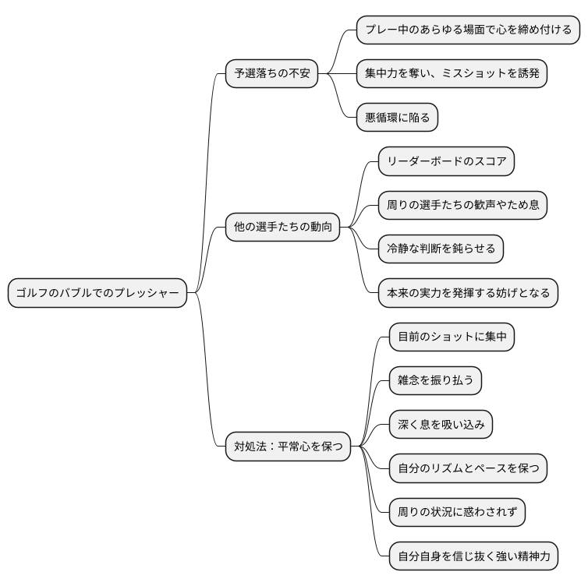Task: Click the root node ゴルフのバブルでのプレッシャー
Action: point(97,293)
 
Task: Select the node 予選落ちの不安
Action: point(271,74)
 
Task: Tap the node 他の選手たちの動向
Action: point(282,228)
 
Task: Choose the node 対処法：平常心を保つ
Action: point(288,447)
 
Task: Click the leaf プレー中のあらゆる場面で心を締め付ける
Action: point(468,30)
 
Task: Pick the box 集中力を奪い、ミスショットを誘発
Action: point(451,74)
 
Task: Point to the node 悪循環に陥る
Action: point(397,118)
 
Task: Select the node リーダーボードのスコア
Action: point(446,162)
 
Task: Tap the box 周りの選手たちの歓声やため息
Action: point(462,206)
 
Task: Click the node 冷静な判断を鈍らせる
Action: point(441,249)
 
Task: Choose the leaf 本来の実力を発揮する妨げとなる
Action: point(468,293)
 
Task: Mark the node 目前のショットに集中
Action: point(452,337)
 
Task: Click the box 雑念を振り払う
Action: point(435,381)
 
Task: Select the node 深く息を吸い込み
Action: point(441,425)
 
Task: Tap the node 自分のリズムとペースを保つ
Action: point(468,468)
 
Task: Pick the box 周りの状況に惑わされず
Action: point(457,513)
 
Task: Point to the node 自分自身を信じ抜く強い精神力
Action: point(473,556)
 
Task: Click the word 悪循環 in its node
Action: point(383,118)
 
